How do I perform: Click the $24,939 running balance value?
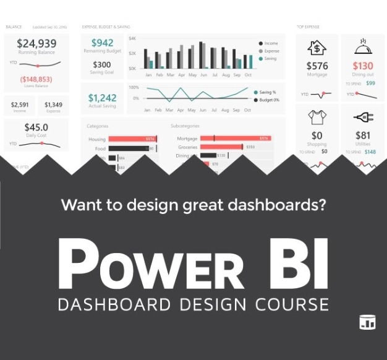point(36,43)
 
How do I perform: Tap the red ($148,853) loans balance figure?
point(36,79)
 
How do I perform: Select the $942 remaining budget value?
point(102,43)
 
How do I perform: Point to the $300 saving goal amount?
point(102,64)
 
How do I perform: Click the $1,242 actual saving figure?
point(102,98)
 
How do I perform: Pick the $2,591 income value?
point(20,105)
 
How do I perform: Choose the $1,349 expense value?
point(53,105)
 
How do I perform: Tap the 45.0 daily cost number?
point(36,127)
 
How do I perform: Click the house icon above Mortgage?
point(317,48)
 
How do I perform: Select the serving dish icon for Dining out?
point(363,47)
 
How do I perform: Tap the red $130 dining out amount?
point(363,66)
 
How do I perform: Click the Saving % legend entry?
point(267,92)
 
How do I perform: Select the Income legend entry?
point(270,43)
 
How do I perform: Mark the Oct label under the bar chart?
point(247,74)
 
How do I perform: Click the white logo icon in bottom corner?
point(367,322)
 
